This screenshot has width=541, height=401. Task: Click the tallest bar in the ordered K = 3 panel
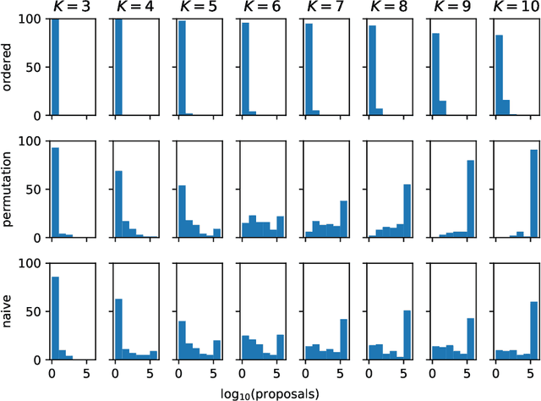tap(55, 67)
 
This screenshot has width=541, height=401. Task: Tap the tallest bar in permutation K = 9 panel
tap(470, 199)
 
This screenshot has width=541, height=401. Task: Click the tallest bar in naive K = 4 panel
tap(118, 329)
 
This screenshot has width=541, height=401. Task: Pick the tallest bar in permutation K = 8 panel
tap(407, 211)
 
